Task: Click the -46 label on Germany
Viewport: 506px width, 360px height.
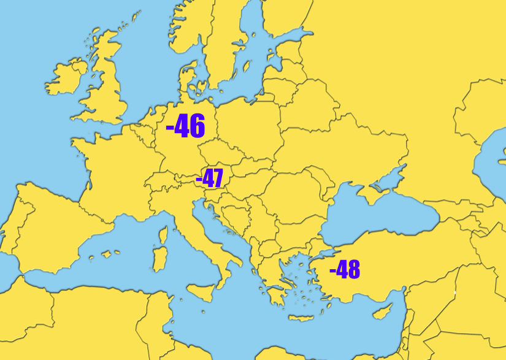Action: [186, 126]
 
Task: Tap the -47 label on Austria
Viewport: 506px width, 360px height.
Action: [209, 178]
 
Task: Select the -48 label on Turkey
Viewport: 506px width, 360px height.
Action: [345, 269]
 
